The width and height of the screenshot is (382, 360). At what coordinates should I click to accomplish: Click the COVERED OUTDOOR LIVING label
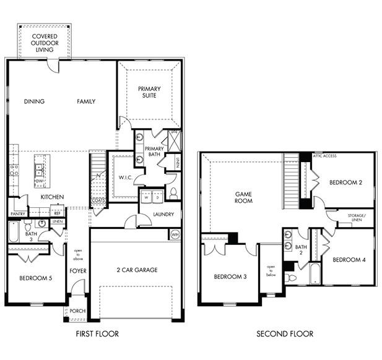(x=45, y=43)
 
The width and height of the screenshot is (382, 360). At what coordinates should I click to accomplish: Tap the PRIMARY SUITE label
(x=149, y=92)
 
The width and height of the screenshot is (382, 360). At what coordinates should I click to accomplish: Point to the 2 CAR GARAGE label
(x=136, y=270)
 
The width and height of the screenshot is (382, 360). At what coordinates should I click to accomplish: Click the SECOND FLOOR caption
(x=285, y=334)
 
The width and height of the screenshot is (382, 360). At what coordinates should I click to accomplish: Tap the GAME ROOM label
(x=243, y=197)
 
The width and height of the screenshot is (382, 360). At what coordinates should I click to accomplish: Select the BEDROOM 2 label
(x=345, y=182)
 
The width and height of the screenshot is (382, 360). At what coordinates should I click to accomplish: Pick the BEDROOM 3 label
(x=230, y=276)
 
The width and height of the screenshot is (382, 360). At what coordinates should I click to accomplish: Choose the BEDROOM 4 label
(x=348, y=260)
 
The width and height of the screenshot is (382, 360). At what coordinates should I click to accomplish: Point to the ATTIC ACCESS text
(x=325, y=156)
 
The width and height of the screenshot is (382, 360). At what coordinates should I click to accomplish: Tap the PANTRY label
(x=17, y=214)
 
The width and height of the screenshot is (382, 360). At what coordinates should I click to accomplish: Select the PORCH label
(x=77, y=311)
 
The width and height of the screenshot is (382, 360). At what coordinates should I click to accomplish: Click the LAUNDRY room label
(x=163, y=215)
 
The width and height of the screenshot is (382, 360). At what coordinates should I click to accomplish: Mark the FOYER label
(x=77, y=270)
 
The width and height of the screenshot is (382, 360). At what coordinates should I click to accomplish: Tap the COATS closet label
(x=98, y=200)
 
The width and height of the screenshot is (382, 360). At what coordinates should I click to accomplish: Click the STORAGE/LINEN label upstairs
(x=356, y=217)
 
